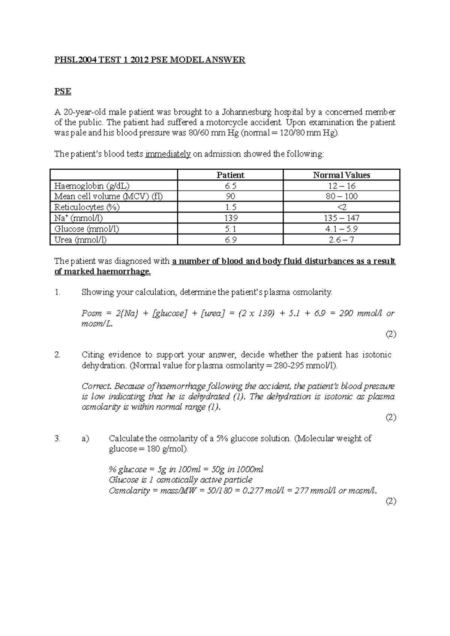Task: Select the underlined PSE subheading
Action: pyautogui.click(x=63, y=91)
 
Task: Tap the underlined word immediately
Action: pyautogui.click(x=168, y=154)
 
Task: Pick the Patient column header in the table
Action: pyautogui.click(x=230, y=175)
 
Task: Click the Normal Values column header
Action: pyautogui.click(x=341, y=175)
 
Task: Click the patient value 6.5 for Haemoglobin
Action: pyautogui.click(x=230, y=186)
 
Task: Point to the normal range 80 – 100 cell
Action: pyautogui.click(x=341, y=196)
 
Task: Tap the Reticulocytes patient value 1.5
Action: pyautogui.click(x=230, y=207)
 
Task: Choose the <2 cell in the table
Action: pyautogui.click(x=341, y=207)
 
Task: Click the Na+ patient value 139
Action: pyautogui.click(x=230, y=218)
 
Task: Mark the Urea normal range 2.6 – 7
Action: pyautogui.click(x=341, y=240)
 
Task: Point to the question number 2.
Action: pyautogui.click(x=57, y=355)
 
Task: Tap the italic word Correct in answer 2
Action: pyautogui.click(x=96, y=386)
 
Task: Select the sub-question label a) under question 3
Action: pyautogui.click(x=85, y=438)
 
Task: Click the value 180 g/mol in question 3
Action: pyautogui.click(x=165, y=449)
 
